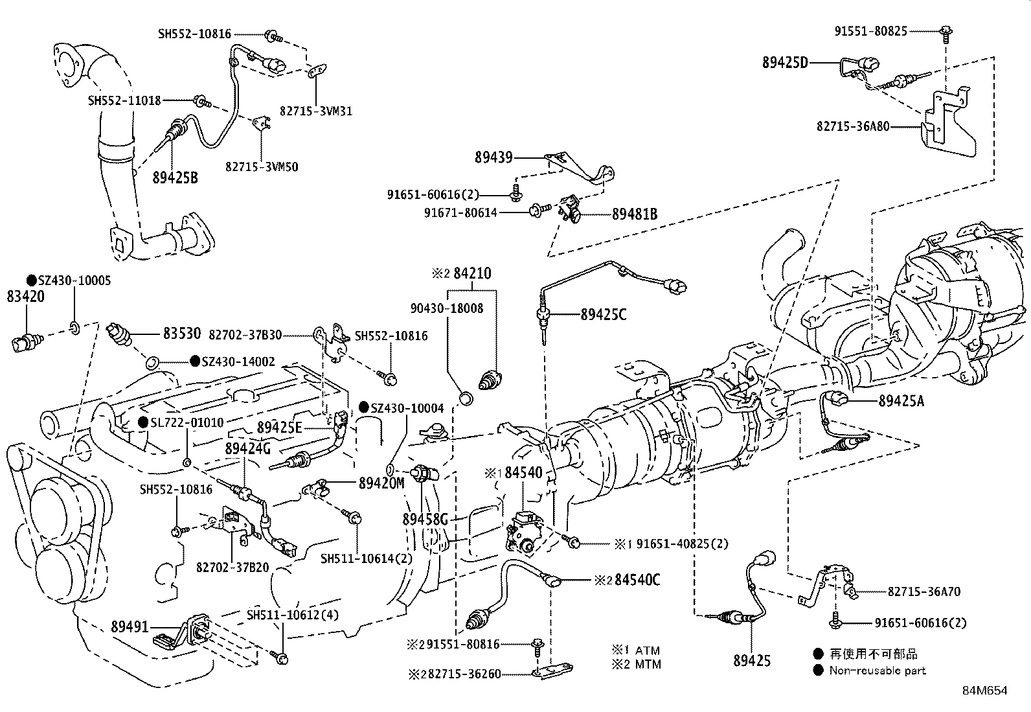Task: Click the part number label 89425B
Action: [175, 177]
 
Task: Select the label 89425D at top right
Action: [786, 62]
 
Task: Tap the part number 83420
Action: [25, 297]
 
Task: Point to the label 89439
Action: [493, 157]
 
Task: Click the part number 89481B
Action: [635, 213]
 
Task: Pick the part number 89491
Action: [130, 626]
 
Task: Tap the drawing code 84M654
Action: [984, 691]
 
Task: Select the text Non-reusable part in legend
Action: [878, 671]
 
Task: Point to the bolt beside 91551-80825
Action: [945, 31]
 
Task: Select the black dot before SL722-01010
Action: [143, 422]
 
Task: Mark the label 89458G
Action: [425, 519]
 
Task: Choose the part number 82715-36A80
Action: [853, 126]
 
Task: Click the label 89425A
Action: [901, 402]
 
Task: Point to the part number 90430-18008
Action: [447, 308]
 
